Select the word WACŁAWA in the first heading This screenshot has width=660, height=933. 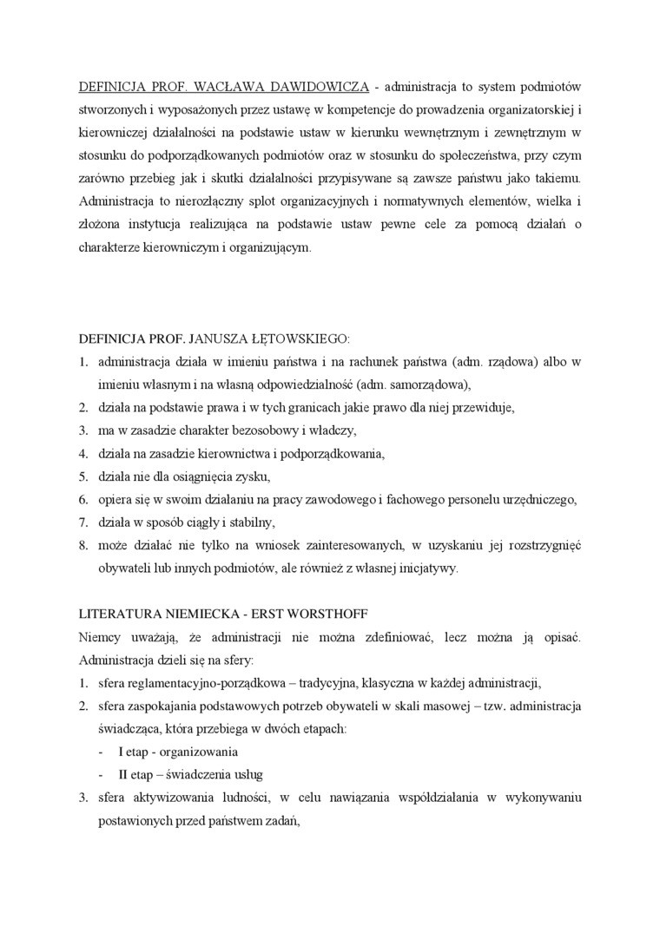coord(218,88)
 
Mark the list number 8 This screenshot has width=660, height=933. coord(82,545)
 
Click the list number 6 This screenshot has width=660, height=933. coord(82,499)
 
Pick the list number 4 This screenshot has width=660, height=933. coord(82,453)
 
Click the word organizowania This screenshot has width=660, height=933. coord(198,752)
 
